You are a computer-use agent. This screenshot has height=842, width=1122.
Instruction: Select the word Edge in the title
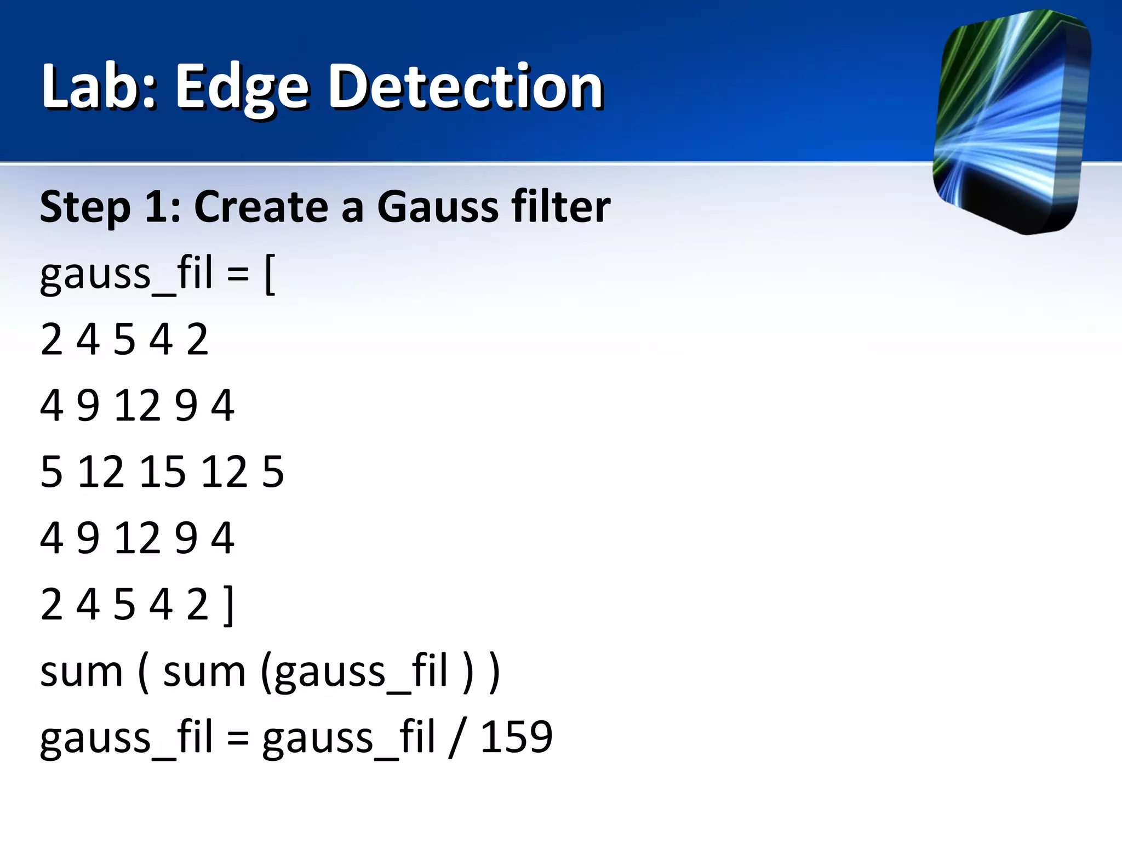pyautogui.click(x=242, y=88)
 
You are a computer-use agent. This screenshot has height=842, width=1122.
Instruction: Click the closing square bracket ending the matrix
pyautogui.click(x=229, y=605)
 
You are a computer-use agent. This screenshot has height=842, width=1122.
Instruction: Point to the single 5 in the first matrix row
pyautogui.click(x=124, y=339)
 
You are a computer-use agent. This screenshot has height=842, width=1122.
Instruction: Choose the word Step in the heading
pyautogui.click(x=85, y=207)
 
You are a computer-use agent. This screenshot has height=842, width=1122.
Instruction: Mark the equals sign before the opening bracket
pyautogui.click(x=238, y=274)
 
